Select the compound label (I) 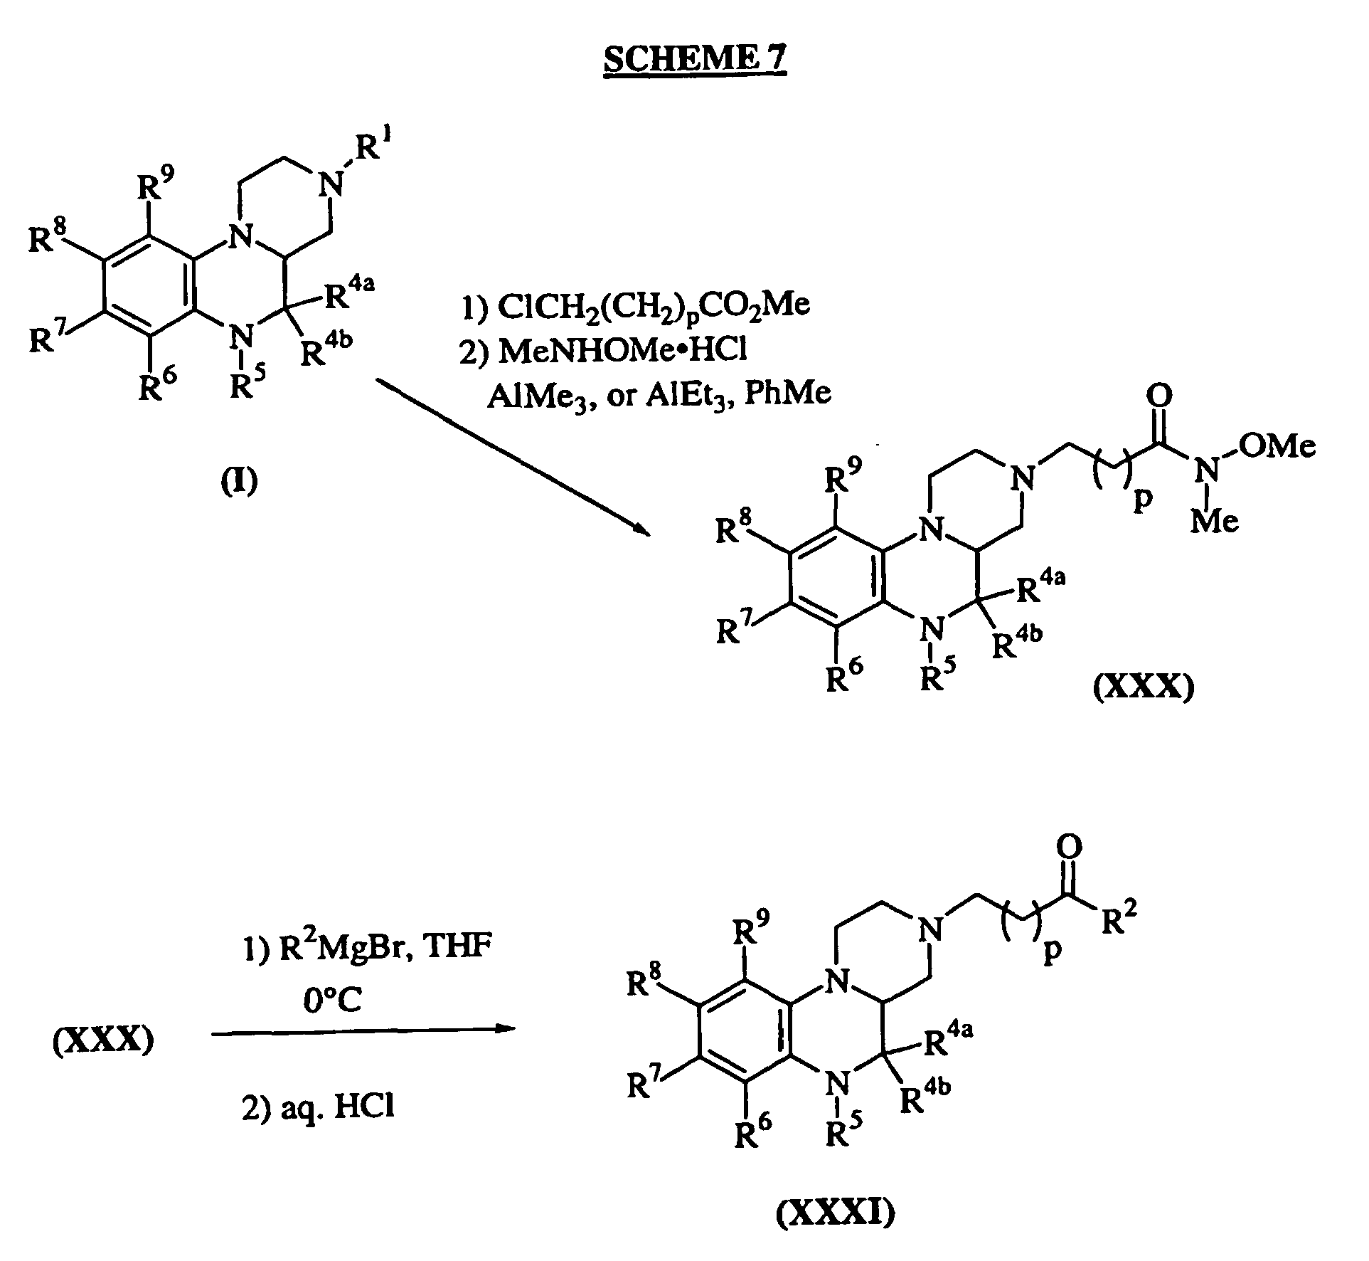[239, 482]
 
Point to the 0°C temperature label [331, 1000]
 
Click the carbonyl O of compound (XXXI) [1070, 846]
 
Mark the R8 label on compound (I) [46, 236]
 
